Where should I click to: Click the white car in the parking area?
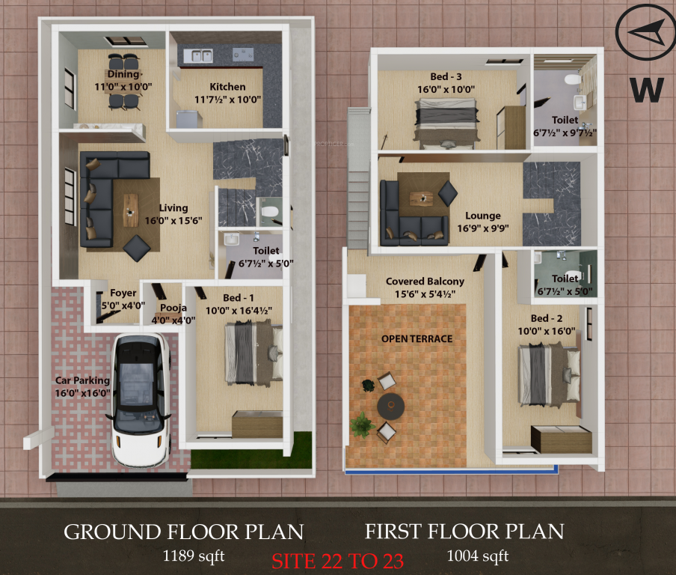[x=141, y=398]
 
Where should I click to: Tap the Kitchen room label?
[x=227, y=87]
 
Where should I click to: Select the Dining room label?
[x=123, y=75]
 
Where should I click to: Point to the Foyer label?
[x=123, y=293]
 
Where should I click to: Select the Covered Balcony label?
[x=425, y=282]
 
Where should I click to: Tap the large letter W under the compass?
[x=647, y=88]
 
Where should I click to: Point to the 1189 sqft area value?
[x=194, y=556]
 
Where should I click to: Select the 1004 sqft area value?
[x=478, y=556]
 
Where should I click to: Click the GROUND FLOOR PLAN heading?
[x=183, y=532]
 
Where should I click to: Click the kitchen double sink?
[x=197, y=55]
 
